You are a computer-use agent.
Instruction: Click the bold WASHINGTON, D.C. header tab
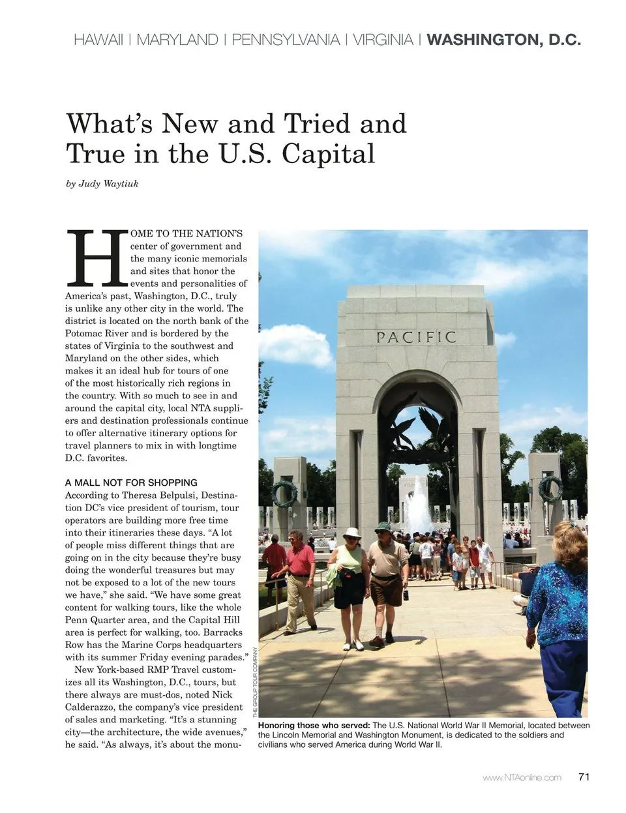coord(503,40)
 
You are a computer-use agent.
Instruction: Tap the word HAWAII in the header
coord(98,40)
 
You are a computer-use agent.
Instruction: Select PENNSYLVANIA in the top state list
coord(286,40)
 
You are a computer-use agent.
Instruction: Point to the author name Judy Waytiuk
coord(108,184)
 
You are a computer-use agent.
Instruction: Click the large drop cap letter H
coord(97,259)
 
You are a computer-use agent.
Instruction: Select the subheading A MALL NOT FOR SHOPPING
coord(131,482)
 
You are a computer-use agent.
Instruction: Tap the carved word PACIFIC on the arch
coord(416,337)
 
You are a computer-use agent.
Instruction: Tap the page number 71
coord(584,776)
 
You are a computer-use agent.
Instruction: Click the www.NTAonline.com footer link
coord(522,777)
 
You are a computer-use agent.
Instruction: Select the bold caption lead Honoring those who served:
coord(314,726)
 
